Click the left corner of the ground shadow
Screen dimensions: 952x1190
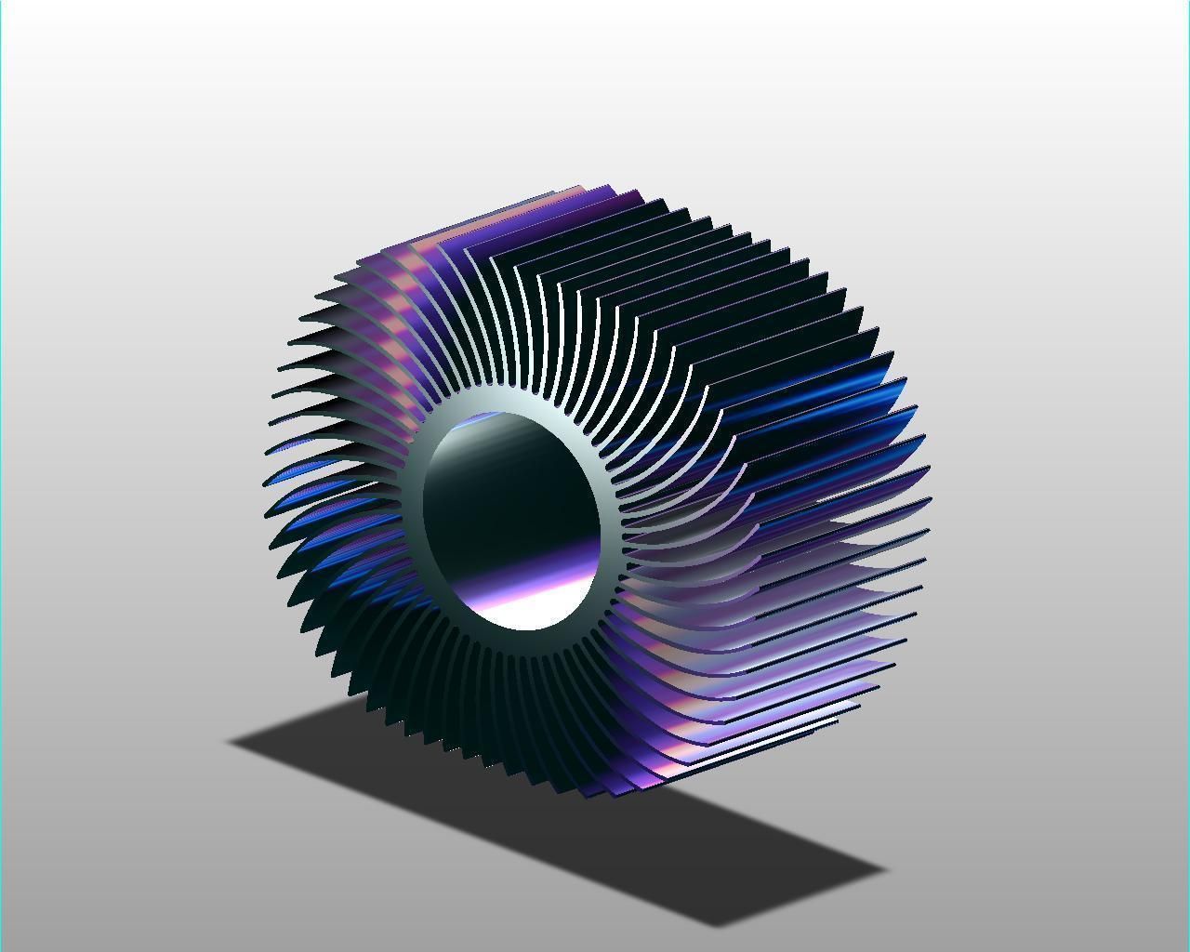point(230,742)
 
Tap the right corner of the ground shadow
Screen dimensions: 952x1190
point(885,871)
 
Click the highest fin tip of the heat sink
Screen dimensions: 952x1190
point(609,186)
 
